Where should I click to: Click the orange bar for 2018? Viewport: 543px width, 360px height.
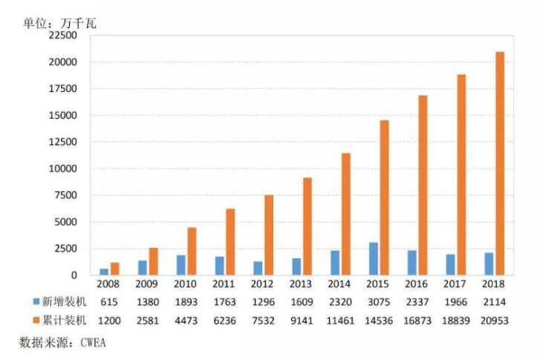click(x=500, y=163)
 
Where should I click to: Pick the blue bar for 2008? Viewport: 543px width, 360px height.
click(x=104, y=272)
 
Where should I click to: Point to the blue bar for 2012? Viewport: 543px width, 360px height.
click(x=258, y=268)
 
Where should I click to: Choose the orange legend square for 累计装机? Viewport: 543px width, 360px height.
click(x=36, y=321)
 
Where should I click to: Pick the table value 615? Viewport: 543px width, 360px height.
click(x=109, y=303)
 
